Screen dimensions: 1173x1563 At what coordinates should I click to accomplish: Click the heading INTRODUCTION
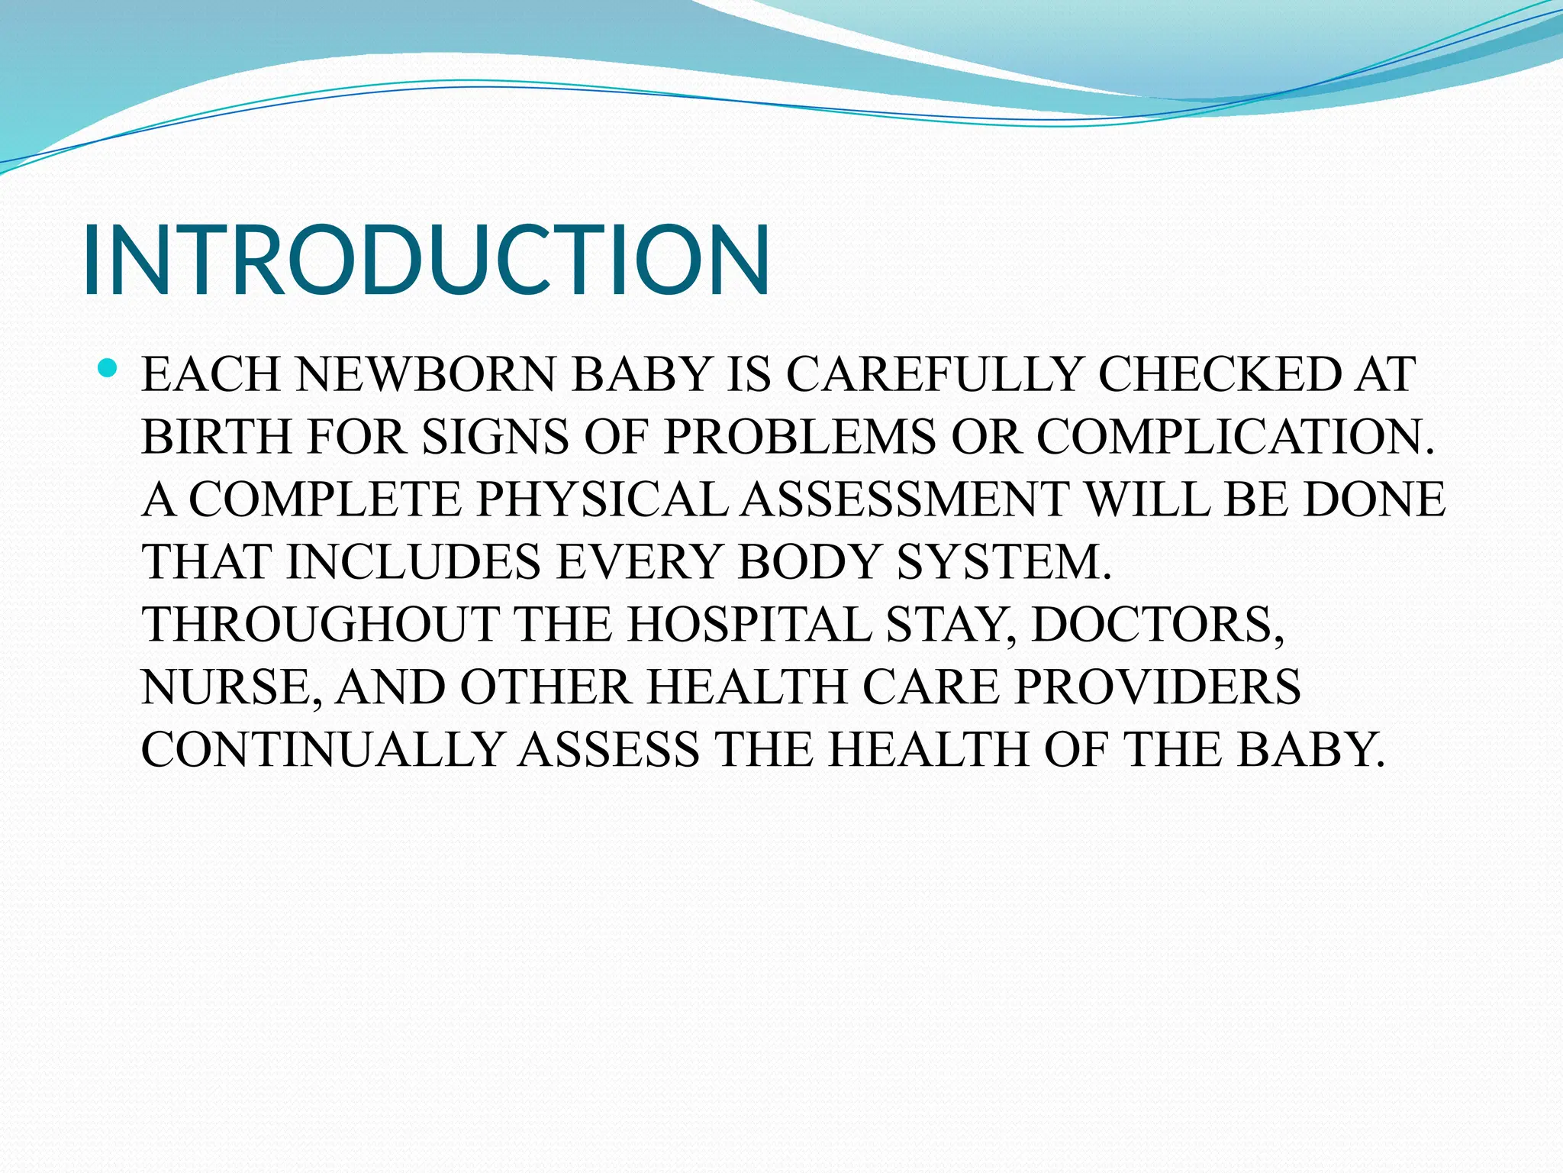click(x=426, y=259)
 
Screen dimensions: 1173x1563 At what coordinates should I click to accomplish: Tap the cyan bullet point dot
click(x=108, y=370)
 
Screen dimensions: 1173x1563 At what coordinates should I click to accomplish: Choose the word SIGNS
click(x=495, y=438)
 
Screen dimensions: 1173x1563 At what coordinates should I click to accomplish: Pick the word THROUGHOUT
click(x=320, y=625)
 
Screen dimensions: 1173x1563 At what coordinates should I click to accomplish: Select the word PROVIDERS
click(x=1157, y=688)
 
